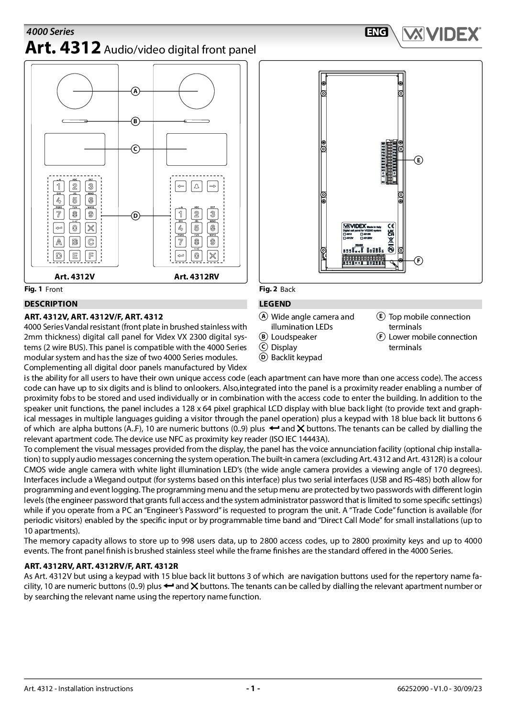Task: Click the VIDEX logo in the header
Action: tap(441, 34)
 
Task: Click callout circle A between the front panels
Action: tap(135, 91)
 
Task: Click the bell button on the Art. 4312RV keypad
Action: tap(197, 186)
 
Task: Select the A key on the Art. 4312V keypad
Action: tap(59, 242)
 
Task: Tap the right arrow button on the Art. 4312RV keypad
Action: tap(213, 186)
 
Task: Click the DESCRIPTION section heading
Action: tap(51, 304)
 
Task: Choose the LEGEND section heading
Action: tap(275, 304)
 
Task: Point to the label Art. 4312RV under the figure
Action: tap(197, 276)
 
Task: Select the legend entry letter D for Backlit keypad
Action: tap(263, 357)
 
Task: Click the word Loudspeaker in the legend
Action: tap(294, 337)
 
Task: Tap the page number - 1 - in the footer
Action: tap(253, 688)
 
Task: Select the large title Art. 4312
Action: tap(63, 49)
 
